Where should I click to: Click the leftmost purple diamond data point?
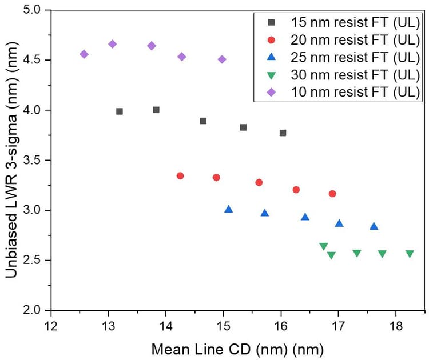(84, 54)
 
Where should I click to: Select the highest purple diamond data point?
(112, 44)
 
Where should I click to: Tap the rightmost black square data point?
(283, 133)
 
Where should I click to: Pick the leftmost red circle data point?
(180, 176)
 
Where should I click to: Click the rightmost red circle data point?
(332, 194)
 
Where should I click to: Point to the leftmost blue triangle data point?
(229, 209)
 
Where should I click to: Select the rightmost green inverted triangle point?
(410, 254)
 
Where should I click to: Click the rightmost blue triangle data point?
(374, 226)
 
